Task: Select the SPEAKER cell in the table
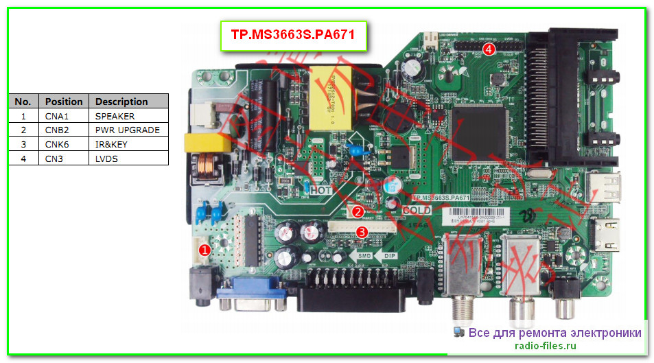pos(115,116)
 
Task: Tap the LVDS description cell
pos(106,158)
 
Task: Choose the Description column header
pos(121,102)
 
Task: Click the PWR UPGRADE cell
pos(127,130)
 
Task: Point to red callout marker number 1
pos(204,250)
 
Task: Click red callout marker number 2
pos(360,212)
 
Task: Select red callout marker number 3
pos(362,233)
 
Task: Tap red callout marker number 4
pos(488,49)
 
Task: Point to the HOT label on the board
pos(321,190)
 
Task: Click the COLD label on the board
pos(416,211)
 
